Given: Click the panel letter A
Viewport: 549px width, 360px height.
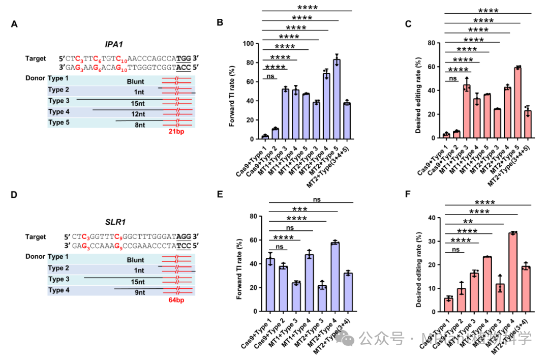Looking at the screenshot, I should coord(14,24).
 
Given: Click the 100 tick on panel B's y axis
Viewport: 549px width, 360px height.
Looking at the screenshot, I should coord(248,44).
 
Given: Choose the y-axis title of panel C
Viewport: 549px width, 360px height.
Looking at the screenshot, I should coord(418,91).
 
